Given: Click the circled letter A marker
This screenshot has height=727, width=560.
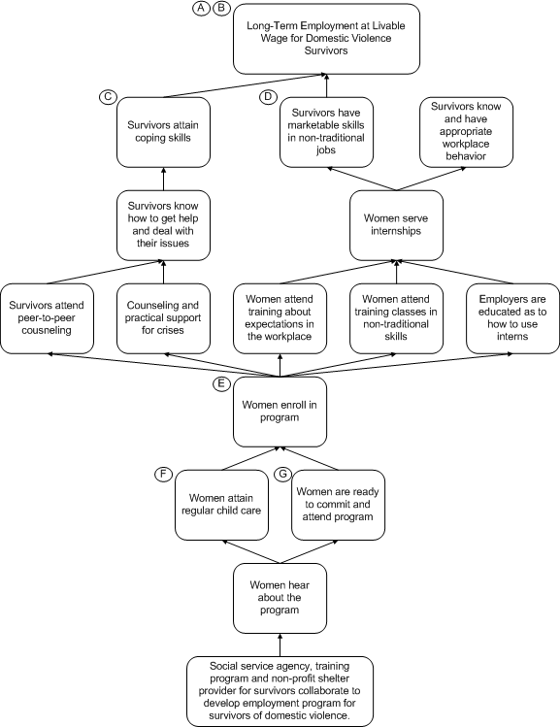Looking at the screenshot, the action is tap(201, 8).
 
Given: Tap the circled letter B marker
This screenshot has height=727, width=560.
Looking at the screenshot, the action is tap(221, 8).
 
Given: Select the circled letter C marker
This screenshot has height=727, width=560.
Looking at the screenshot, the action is tap(108, 97).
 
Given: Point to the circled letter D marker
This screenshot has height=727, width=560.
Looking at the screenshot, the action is tap(268, 97).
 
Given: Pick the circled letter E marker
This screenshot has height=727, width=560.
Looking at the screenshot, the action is tap(221, 383).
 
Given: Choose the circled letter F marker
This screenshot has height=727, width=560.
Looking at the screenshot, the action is tap(163, 475).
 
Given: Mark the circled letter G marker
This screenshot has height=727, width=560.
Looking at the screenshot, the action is tap(282, 475).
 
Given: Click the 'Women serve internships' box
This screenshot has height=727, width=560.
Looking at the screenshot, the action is tap(396, 225).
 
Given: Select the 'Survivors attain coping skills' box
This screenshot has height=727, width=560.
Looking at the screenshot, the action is tap(163, 132).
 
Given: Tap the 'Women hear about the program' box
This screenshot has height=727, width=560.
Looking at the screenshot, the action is tap(280, 598).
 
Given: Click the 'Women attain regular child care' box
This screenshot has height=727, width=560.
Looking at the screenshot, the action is tap(221, 505).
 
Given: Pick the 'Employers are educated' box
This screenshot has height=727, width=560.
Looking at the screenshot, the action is tap(512, 318).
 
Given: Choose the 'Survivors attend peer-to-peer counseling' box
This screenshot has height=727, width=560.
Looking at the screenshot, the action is tap(47, 318).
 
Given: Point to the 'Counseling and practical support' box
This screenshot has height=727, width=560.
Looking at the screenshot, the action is tap(163, 318).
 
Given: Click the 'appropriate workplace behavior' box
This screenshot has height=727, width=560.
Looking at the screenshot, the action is tap(467, 132).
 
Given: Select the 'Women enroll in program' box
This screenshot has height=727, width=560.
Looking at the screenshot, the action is tap(280, 412).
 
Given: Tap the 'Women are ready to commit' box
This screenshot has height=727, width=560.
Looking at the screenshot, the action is tap(339, 505).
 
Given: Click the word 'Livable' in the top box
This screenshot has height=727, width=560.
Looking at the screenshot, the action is tap(389, 25).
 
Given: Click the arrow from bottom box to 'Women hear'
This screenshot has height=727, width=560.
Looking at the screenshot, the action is tap(280, 644).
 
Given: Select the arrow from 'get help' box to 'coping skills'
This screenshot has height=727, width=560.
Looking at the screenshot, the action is tap(163, 179).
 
